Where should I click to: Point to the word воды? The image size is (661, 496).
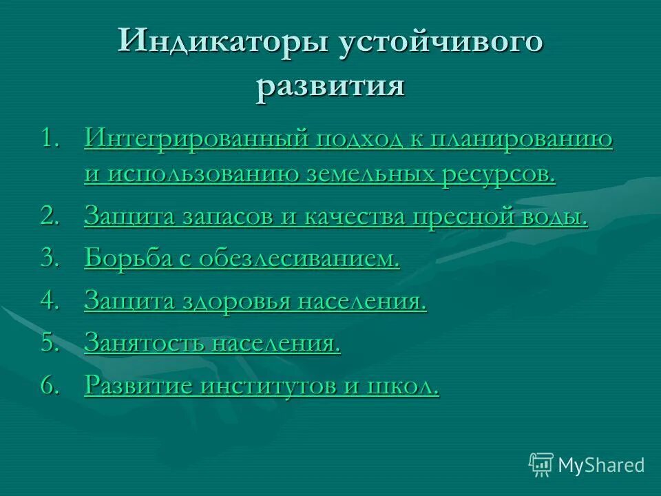[558, 217]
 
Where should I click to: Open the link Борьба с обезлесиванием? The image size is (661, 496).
[242, 259]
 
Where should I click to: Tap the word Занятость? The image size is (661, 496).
[143, 343]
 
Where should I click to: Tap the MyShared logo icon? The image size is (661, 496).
[541, 464]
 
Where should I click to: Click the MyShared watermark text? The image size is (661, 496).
[601, 465]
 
